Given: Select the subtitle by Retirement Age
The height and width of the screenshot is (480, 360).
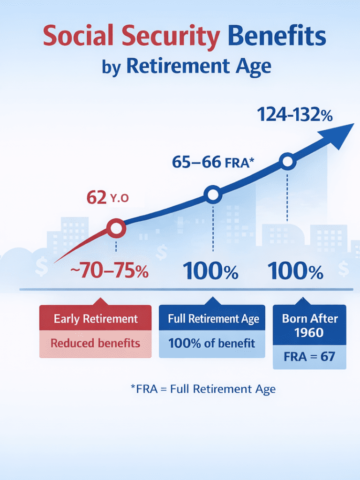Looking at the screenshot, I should [186, 66].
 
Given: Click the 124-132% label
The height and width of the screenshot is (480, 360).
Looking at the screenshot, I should [295, 114].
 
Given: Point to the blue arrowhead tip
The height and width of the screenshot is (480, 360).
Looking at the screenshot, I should [352, 125].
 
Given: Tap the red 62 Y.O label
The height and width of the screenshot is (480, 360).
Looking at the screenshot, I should [107, 198].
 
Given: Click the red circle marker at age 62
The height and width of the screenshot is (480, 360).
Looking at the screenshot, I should [116, 228].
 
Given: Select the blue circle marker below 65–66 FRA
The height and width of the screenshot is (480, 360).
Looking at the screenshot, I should [213, 194].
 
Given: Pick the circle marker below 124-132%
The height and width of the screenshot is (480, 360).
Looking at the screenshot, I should [287, 162].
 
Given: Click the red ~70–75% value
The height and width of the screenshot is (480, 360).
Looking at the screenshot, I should [109, 271].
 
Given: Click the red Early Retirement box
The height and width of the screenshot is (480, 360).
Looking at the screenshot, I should [96, 319].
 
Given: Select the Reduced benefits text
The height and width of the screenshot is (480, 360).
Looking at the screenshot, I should [96, 343].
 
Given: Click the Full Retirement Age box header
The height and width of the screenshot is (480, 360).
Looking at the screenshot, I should [213, 319].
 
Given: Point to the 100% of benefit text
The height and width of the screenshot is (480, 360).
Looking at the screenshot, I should [212, 343].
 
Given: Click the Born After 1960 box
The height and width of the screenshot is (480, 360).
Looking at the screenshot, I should [309, 326].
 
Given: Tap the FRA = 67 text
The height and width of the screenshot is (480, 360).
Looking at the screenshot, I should [309, 357].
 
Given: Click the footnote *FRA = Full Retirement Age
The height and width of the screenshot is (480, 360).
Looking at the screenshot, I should [203, 389].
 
